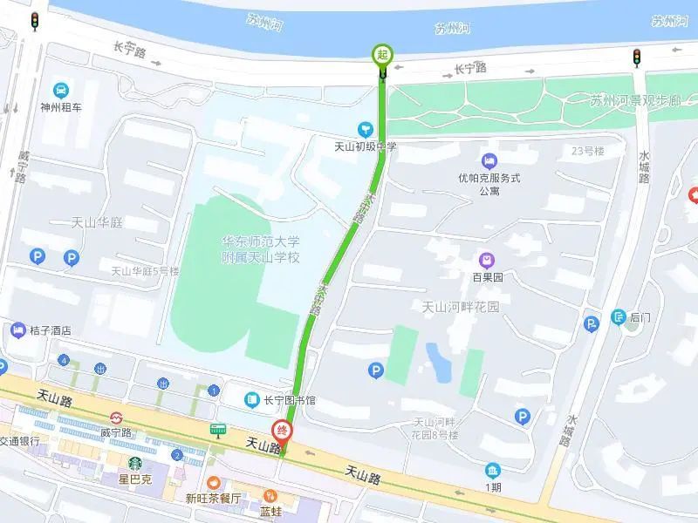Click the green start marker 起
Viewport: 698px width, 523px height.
click(x=382, y=54)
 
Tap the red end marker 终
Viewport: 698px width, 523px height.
click(x=282, y=430)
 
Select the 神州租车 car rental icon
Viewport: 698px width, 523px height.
click(x=61, y=90)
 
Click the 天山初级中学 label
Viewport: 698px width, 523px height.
click(x=366, y=146)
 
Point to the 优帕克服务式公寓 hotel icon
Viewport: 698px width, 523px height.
click(x=489, y=160)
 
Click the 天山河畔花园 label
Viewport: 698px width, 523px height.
click(x=461, y=307)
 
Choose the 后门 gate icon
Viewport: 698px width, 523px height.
click(x=619, y=317)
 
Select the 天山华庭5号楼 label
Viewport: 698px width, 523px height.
click(x=145, y=271)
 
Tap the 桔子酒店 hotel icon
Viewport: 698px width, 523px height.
click(x=18, y=330)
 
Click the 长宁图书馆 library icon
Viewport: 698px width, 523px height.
click(x=251, y=399)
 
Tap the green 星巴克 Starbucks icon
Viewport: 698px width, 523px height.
click(x=135, y=463)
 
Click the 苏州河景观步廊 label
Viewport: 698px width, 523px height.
click(x=633, y=100)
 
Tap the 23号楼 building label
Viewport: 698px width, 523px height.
click(x=588, y=150)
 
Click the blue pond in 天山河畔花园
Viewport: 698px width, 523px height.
click(x=438, y=361)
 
